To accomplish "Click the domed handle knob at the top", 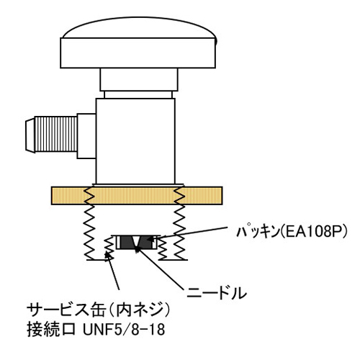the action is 138,42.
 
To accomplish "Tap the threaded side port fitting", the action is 56,134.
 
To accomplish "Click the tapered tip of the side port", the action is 30,135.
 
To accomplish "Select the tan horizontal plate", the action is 137,196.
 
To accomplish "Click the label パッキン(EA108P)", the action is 292,232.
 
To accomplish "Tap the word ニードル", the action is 217,293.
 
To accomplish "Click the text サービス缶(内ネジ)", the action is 99,310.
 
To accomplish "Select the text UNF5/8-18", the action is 124,329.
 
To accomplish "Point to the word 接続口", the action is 51,329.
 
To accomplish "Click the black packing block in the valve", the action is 137,243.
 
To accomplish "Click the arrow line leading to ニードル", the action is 159,269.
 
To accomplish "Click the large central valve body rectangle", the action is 135,141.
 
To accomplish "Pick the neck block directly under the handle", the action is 139,80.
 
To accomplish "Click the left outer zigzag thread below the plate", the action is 89,233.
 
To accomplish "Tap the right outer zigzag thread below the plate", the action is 179,233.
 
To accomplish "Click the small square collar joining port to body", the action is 86,136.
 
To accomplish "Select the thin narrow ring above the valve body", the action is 138,94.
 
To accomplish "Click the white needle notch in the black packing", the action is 137,240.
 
